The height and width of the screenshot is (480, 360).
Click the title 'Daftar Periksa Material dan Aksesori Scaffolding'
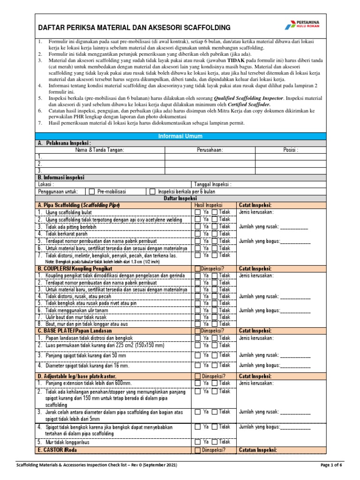[x=134, y=28]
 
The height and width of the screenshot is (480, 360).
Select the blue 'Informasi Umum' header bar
[x=180, y=136]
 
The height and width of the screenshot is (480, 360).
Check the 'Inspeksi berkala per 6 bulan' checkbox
[x=152, y=192]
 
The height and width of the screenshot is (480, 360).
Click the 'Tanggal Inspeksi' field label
[x=212, y=185]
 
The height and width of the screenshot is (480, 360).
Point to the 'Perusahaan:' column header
[x=210, y=150]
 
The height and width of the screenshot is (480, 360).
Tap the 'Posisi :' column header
[x=291, y=150]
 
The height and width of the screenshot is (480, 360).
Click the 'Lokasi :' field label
[x=46, y=185]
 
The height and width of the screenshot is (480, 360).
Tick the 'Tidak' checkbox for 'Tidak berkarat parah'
[x=215, y=234]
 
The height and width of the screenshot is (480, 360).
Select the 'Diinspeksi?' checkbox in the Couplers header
[x=197, y=269]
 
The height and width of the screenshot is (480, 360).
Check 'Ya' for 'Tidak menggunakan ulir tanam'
[x=198, y=310]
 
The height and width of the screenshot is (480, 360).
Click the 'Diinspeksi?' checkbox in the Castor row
[x=197, y=450]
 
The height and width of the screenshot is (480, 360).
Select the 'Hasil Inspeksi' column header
[x=208, y=205]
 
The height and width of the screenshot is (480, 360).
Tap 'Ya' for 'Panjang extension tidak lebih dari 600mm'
[x=198, y=383]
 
